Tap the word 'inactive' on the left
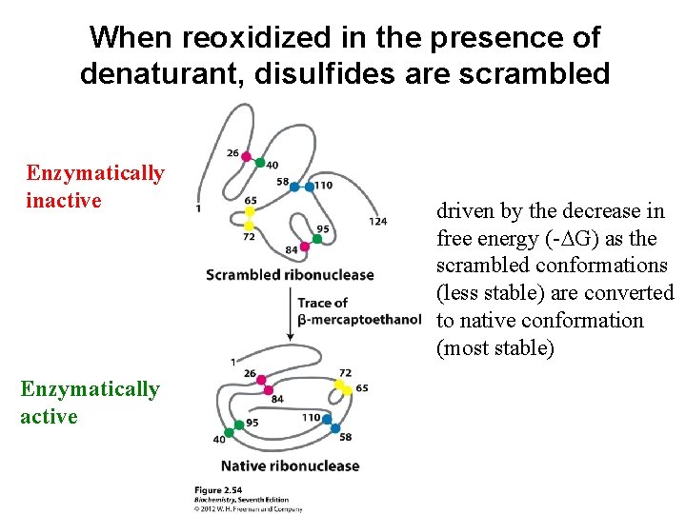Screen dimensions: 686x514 pos(64,201)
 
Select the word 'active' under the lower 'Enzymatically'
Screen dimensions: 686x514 pos(49,417)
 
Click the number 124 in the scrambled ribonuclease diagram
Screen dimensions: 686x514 pos(377,222)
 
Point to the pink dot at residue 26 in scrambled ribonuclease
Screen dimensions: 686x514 pos(246,156)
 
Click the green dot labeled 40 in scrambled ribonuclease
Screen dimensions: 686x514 pos(260,163)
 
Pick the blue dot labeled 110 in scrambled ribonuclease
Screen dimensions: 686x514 pos(309,187)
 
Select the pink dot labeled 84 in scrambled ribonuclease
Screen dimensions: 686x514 pos(305,247)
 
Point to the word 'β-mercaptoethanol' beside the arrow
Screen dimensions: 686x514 pos(359,318)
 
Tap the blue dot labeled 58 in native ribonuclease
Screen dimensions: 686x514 pos(336,427)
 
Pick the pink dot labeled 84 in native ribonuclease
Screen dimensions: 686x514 pos(268,390)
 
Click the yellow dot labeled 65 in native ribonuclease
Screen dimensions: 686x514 pos(344,388)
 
